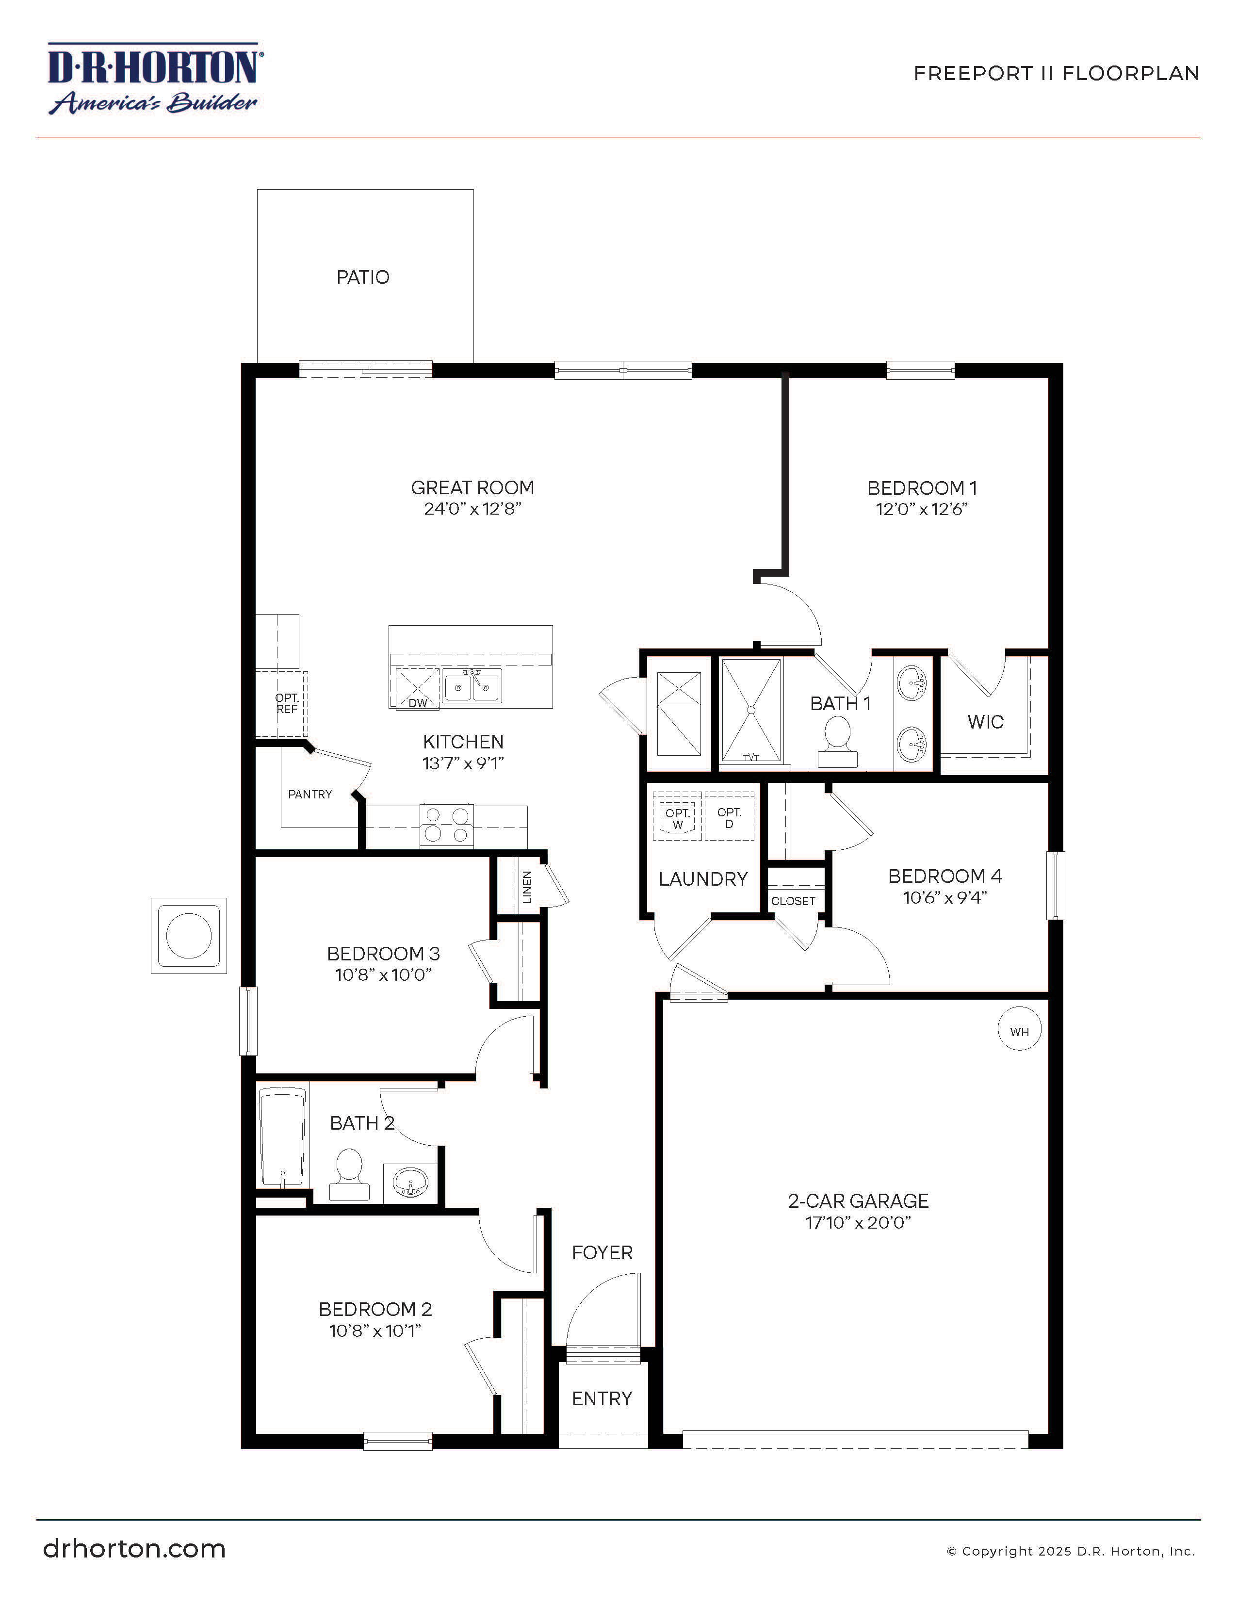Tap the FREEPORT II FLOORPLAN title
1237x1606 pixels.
[x=1056, y=74]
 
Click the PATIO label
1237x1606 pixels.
[x=362, y=277]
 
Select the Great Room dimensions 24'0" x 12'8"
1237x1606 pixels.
[x=472, y=509]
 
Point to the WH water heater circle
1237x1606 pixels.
[x=1019, y=1031]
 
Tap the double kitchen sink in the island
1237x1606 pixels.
[x=472, y=687]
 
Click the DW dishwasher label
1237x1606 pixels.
[x=418, y=703]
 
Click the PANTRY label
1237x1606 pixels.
[x=309, y=794]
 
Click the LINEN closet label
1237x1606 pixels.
[x=526, y=887]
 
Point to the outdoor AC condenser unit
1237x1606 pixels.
[x=189, y=935]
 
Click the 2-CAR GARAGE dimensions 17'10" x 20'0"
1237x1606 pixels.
[x=858, y=1223]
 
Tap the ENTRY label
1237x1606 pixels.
[x=602, y=1398]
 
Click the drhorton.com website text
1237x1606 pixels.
[x=134, y=1549]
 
